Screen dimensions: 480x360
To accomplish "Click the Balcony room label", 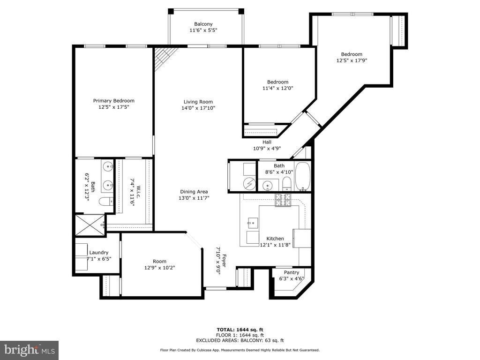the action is point(203,24).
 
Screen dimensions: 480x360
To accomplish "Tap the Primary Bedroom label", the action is point(114,101).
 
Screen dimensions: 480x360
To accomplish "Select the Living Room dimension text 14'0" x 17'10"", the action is point(198,108).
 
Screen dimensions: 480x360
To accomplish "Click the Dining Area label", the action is point(194,192).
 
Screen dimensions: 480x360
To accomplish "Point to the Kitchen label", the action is point(275,239).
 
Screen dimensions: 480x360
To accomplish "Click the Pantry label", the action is point(292,272).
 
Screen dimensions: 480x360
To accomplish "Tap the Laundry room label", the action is point(99,253).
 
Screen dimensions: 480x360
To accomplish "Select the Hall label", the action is point(267,142).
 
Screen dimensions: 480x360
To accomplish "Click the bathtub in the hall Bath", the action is point(303,177).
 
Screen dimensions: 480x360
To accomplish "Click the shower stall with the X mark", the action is point(90,225).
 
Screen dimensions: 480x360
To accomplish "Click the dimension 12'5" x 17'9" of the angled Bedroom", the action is point(352,60).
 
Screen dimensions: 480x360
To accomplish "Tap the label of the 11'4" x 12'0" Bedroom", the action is point(278,82).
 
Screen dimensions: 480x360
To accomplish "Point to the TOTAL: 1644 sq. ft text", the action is point(240,330).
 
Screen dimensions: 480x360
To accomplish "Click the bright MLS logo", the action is point(30,350).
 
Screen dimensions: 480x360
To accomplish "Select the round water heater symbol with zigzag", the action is point(250,183).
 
